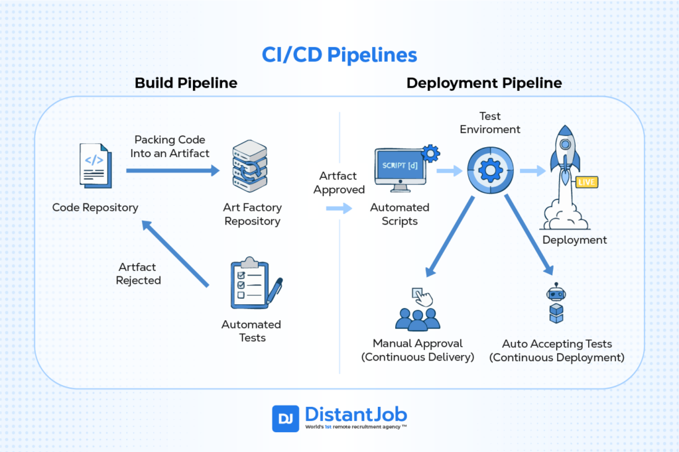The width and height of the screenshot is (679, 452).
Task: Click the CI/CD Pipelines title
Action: pos(339,54)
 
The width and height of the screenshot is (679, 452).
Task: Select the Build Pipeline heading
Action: pos(186,83)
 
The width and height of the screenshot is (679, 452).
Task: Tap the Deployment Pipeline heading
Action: pos(484,83)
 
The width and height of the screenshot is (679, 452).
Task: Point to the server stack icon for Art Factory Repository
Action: pos(249,166)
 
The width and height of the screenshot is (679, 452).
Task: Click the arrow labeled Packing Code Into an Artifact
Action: pos(172,171)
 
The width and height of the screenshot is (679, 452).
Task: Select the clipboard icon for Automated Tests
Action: pos(252,285)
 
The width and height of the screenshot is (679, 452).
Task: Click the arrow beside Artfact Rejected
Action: pos(176,255)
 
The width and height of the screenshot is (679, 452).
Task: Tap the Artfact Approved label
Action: pos(339,182)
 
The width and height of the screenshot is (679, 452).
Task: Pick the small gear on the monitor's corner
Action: pos(430,154)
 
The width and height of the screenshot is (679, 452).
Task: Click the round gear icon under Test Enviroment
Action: pos(489,170)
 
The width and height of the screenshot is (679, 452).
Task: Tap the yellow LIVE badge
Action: pos(587,182)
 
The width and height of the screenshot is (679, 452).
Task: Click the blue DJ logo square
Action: pos(285,419)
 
